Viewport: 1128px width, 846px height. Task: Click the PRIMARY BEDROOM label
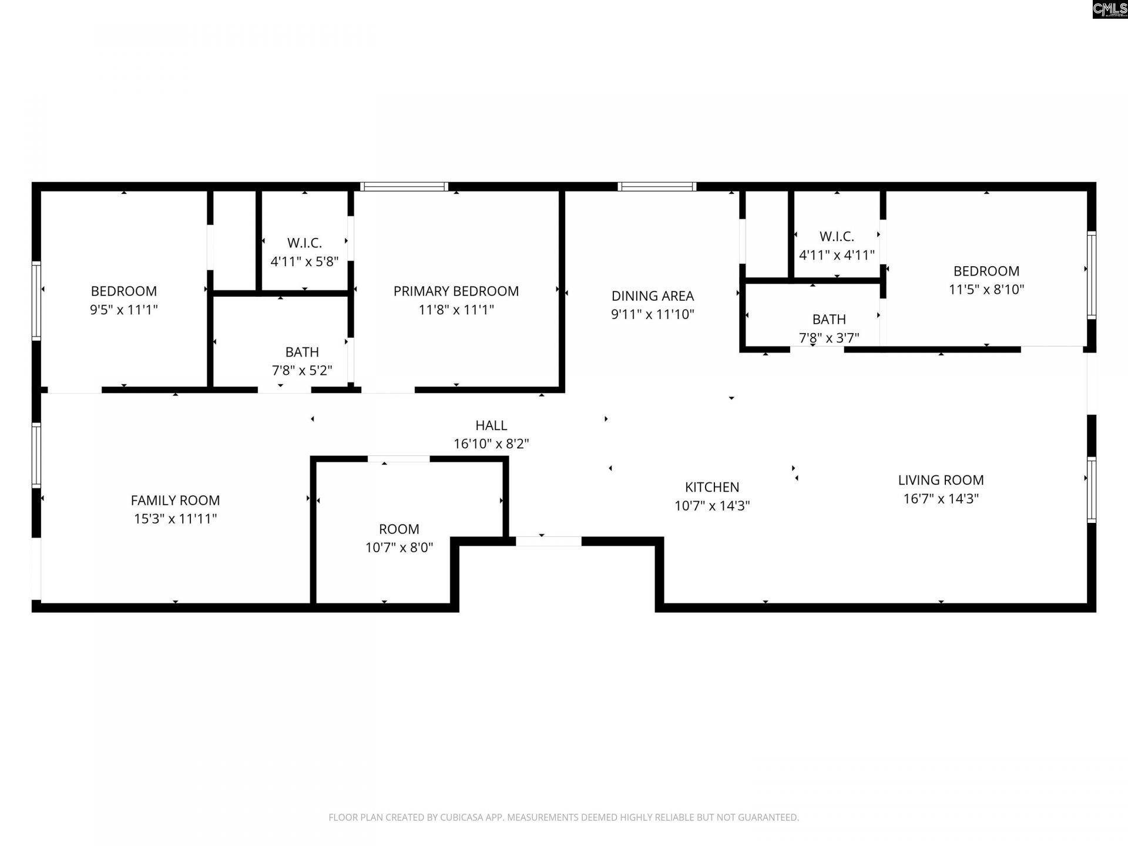pyautogui.click(x=456, y=291)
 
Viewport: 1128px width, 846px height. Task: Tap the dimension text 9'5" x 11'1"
pyautogui.click(x=124, y=310)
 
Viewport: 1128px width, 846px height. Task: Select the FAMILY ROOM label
pyautogui.click(x=175, y=501)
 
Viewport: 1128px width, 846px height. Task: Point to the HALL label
pyautogui.click(x=491, y=425)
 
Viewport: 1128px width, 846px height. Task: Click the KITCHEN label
pyautogui.click(x=712, y=487)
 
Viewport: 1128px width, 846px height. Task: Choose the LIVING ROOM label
pyautogui.click(x=941, y=480)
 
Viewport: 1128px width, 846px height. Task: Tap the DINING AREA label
pyautogui.click(x=653, y=296)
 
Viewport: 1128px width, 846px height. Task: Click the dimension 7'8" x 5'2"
pyautogui.click(x=302, y=371)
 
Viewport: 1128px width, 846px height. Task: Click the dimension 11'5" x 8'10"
pyautogui.click(x=986, y=290)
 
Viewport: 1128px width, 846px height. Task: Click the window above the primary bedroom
pyautogui.click(x=404, y=187)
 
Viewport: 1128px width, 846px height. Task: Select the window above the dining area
pyautogui.click(x=657, y=187)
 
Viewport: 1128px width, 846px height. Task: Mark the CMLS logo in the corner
pyautogui.click(x=1110, y=9)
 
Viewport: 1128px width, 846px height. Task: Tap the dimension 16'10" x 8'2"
pyautogui.click(x=491, y=444)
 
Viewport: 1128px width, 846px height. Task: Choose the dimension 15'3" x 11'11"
pyautogui.click(x=175, y=519)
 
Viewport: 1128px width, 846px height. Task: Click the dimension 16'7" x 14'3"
pyautogui.click(x=941, y=499)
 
